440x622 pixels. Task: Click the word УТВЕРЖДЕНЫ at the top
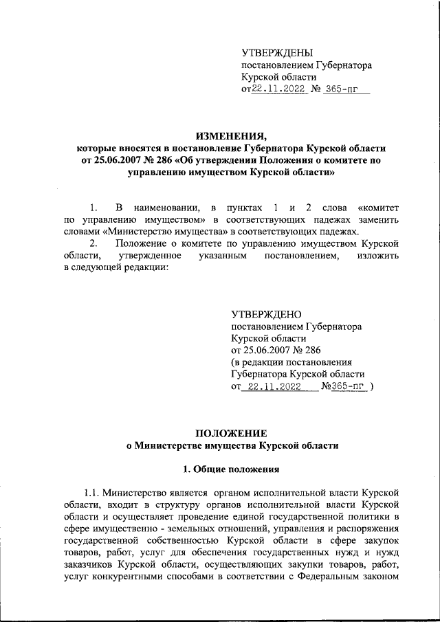point(277,53)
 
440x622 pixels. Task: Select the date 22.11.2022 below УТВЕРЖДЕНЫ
point(278,90)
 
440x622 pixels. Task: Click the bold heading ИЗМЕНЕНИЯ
point(231,135)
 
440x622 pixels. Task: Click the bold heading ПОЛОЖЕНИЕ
point(231,432)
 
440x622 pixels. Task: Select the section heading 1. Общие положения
point(231,471)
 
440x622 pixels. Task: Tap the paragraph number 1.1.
point(93,494)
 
